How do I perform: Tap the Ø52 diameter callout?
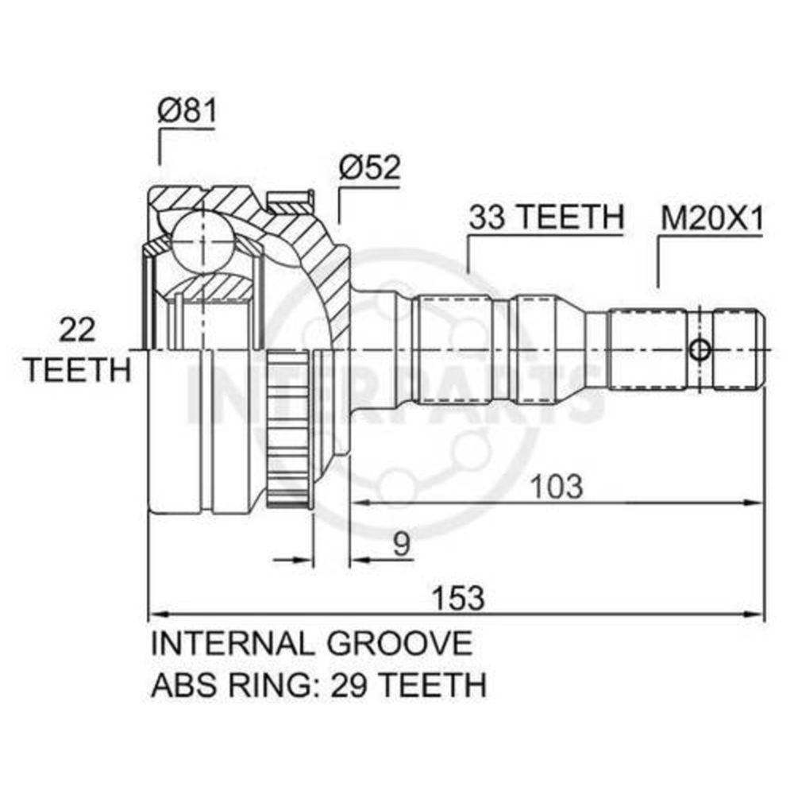[370, 167]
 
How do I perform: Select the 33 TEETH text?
[546, 217]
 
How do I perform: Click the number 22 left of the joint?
[78, 330]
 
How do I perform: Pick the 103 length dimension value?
[557, 486]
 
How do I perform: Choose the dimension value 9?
[402, 545]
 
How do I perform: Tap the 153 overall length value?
[458, 598]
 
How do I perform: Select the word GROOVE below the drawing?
[399, 644]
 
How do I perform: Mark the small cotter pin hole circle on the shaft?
[700, 349]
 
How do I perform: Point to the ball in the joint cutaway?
[202, 241]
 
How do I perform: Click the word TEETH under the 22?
[78, 370]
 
